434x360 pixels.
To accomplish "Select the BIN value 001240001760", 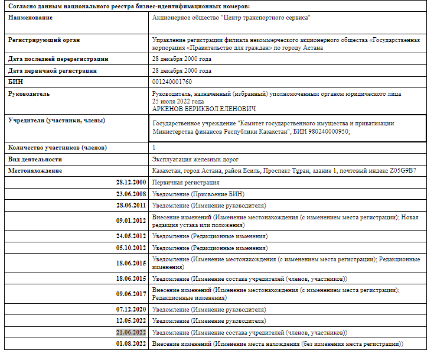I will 172,82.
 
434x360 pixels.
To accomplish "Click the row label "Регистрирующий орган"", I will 44,40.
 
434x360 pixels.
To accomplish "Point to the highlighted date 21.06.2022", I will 130,333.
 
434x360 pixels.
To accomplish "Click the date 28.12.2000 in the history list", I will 130,183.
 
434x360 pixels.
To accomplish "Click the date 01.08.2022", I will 130,344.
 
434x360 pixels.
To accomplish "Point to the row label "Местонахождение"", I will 35,171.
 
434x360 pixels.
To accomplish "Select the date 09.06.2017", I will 130,294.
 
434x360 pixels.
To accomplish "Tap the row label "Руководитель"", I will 30,93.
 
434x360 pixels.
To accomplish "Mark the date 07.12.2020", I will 130,309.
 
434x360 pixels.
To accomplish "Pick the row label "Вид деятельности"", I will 36,159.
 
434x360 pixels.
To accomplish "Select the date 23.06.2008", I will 130,194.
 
